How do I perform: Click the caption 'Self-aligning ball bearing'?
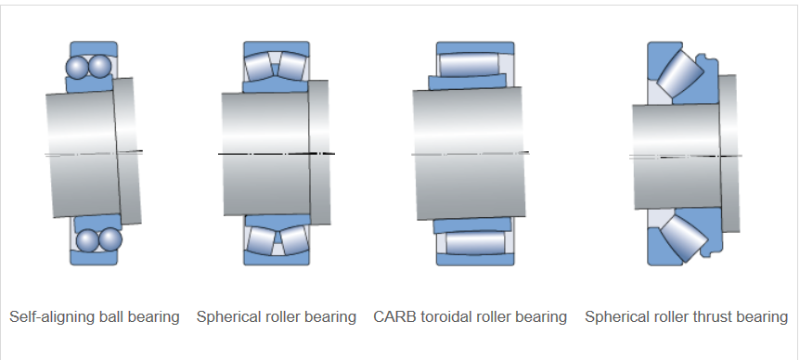95,316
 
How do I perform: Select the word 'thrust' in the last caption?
713,316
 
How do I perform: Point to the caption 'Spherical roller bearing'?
277,316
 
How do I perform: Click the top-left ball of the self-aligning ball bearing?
75,67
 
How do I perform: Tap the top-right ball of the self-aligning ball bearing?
98,67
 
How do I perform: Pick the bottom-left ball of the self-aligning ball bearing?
87,239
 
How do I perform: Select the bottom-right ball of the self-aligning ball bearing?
110,239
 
